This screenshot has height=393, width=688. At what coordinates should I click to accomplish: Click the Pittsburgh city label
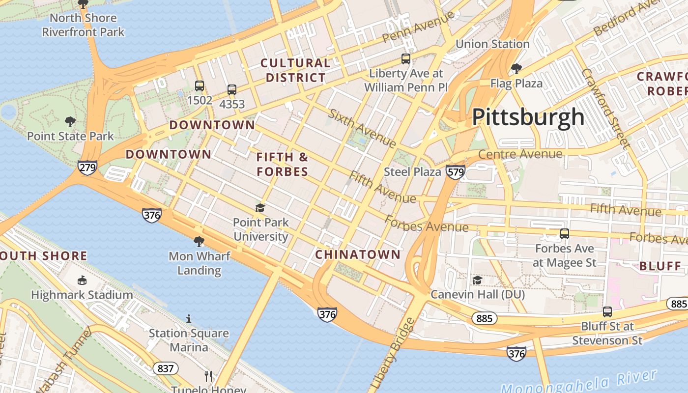[x=528, y=117]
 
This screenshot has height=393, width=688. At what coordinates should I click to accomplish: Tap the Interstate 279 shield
[x=87, y=168]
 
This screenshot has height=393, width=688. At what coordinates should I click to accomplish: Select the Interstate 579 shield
[x=456, y=172]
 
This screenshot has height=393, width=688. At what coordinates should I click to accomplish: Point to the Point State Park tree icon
[x=70, y=121]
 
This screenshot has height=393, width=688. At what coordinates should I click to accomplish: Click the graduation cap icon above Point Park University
[x=260, y=208]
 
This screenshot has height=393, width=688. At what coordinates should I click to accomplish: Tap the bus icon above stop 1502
[x=200, y=86]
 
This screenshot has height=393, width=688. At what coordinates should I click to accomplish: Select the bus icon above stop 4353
[x=232, y=90]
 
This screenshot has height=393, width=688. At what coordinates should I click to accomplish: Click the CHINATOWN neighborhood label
[x=358, y=254]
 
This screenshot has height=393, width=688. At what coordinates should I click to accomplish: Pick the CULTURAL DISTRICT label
[x=295, y=70]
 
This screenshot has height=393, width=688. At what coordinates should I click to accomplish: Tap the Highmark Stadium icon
[x=82, y=281]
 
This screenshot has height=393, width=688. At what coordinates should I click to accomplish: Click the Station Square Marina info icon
[x=189, y=319]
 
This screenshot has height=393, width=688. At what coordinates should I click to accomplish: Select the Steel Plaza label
[x=412, y=172]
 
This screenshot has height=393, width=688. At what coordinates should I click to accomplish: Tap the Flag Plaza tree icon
[x=516, y=68]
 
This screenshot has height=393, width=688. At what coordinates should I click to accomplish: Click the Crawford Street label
[x=605, y=108]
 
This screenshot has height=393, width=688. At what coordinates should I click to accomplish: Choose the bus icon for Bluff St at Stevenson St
[x=607, y=311]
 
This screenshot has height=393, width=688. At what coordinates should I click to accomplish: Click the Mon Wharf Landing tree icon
[x=199, y=241]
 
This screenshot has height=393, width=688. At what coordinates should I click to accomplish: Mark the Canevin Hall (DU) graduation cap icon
[x=477, y=280]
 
